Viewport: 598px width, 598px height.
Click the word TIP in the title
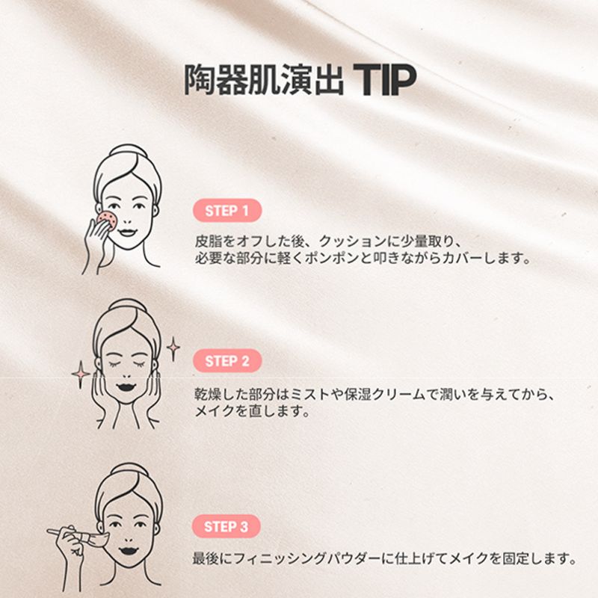(x=384, y=80)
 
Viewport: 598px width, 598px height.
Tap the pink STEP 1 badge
(x=227, y=210)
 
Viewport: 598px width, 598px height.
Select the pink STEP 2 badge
(x=227, y=360)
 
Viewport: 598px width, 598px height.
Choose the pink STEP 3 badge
(x=226, y=526)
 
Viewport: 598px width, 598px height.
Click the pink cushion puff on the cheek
(x=105, y=219)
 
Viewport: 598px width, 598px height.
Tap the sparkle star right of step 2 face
(x=173, y=348)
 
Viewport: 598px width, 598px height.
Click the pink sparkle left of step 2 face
(x=81, y=374)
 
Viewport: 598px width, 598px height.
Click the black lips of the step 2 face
(x=127, y=386)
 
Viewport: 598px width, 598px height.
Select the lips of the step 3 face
(x=129, y=551)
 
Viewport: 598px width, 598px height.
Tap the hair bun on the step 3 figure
(x=129, y=470)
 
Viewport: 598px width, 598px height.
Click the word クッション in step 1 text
(x=352, y=241)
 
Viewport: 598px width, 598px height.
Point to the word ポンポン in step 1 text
(x=332, y=259)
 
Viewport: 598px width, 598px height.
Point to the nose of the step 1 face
(x=127, y=220)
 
